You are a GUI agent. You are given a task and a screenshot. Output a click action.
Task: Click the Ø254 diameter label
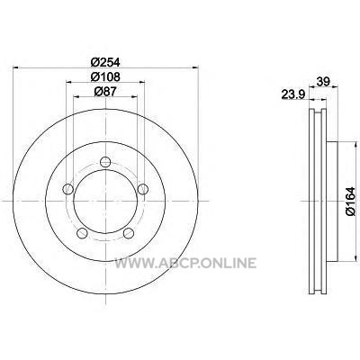click(105, 62)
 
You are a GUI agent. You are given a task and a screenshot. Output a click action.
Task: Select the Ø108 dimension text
click(105, 77)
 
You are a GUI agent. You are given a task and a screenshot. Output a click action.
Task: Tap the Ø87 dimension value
click(105, 92)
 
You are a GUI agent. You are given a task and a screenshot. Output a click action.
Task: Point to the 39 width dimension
click(323, 81)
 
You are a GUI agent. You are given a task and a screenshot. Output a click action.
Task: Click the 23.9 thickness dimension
click(293, 94)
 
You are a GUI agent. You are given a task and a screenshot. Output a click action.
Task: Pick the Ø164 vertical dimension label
click(350, 201)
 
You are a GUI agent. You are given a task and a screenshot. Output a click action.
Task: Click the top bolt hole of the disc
click(105, 162)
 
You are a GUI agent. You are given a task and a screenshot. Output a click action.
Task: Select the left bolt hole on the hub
click(68, 189)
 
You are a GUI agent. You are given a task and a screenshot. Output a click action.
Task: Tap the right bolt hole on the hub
click(143, 189)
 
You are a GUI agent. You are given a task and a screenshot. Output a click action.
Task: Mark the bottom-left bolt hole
click(82, 233)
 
